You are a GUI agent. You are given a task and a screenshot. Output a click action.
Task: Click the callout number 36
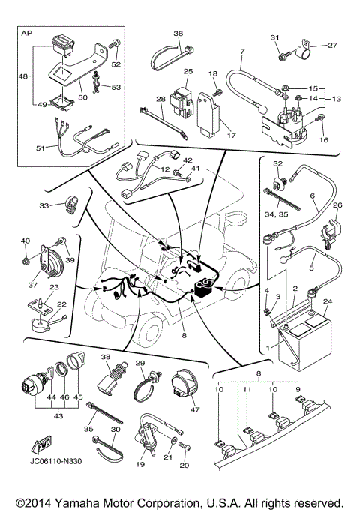point(178,34)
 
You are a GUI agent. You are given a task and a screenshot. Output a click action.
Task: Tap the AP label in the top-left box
point(27,34)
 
